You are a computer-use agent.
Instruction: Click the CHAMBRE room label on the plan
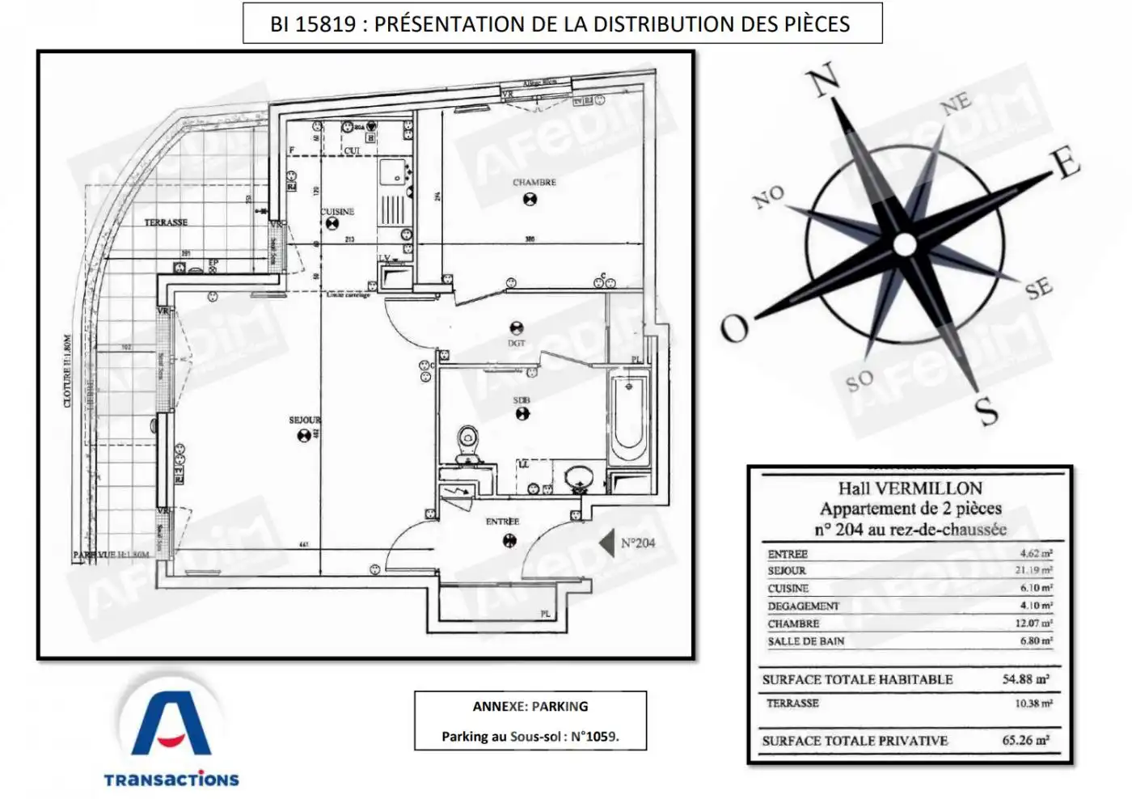[x=534, y=183]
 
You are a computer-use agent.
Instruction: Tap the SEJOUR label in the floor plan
[x=304, y=421]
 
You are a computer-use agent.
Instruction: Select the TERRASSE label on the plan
[x=166, y=222]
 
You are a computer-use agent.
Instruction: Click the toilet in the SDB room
[x=467, y=444]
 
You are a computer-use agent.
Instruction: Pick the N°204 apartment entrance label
[x=638, y=543]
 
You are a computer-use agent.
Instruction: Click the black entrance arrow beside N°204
[x=606, y=543]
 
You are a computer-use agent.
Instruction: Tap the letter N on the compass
[x=824, y=81]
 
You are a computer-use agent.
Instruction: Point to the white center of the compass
[x=905, y=243]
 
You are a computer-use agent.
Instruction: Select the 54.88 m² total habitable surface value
[x=1025, y=679]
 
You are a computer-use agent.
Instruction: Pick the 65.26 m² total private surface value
[x=1025, y=740]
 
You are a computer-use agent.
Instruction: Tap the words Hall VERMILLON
[x=910, y=488]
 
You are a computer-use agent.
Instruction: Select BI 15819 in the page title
[x=313, y=24]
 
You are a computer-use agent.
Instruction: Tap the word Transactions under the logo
[x=171, y=780]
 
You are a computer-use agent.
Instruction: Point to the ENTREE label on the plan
[x=502, y=522]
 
